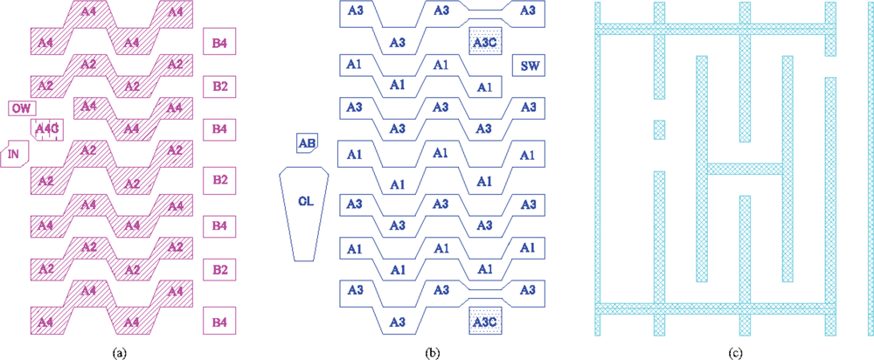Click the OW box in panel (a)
(23, 108)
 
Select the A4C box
(47, 129)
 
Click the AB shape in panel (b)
(307, 143)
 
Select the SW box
(529, 66)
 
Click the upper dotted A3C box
(482, 41)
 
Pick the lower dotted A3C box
(482, 322)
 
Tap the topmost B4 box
(218, 41)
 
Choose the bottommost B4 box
(218, 322)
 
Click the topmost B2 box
(218, 86)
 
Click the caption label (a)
(120, 352)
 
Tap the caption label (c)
(745, 352)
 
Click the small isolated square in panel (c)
(659, 129)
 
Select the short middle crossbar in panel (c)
(744, 168)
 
